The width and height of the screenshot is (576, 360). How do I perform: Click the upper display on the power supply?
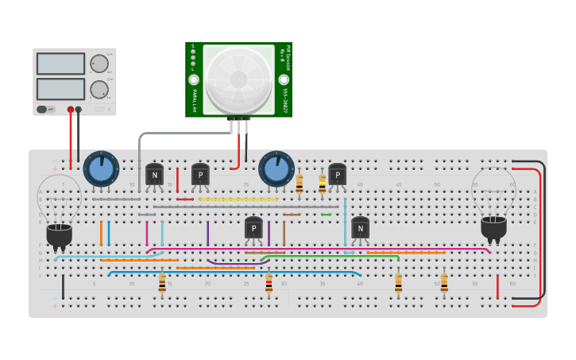(x=60, y=64)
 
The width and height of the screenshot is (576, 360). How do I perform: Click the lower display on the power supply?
(x=60, y=88)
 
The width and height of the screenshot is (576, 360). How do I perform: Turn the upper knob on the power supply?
(x=99, y=64)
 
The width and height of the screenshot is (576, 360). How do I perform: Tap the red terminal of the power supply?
(x=71, y=110)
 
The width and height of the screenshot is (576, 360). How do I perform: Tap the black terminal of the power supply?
(x=78, y=110)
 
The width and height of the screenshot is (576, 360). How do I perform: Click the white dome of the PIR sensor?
(x=238, y=78)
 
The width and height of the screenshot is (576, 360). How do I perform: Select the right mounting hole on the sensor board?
(x=284, y=80)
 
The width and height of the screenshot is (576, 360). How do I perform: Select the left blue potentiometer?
(x=101, y=169)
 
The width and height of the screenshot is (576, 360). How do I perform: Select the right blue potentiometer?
(x=276, y=169)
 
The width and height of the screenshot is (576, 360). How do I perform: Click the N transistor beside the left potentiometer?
(x=154, y=175)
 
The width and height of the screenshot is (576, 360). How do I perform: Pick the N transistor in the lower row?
(x=360, y=229)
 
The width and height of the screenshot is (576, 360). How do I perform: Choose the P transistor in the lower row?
(x=253, y=229)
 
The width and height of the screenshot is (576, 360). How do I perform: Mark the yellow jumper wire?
(x=238, y=199)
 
